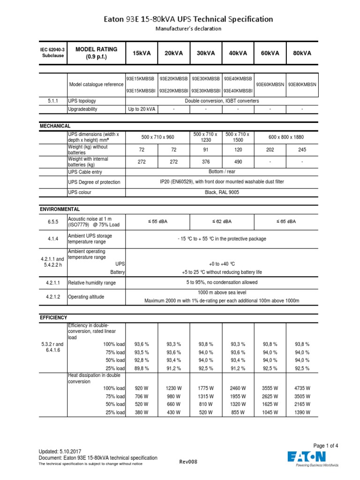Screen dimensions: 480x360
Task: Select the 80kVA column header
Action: click(x=302, y=53)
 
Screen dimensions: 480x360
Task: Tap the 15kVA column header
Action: click(x=142, y=53)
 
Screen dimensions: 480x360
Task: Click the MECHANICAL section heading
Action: click(x=55, y=126)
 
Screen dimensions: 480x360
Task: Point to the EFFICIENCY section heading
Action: click(x=53, y=317)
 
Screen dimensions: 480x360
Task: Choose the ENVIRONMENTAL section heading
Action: click(x=60, y=209)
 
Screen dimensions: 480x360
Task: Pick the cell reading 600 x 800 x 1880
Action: click(x=286, y=137)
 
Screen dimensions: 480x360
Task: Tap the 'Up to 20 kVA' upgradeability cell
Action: click(x=142, y=109)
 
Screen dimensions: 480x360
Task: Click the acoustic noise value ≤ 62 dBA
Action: click(x=222, y=221)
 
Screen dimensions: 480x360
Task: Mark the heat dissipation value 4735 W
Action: click(x=302, y=388)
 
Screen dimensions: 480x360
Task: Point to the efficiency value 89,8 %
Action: click(x=142, y=368)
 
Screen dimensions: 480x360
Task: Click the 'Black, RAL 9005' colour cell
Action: click(x=222, y=193)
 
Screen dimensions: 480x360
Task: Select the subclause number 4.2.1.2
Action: click(x=52, y=297)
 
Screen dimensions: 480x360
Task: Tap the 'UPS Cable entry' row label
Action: click(x=86, y=172)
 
